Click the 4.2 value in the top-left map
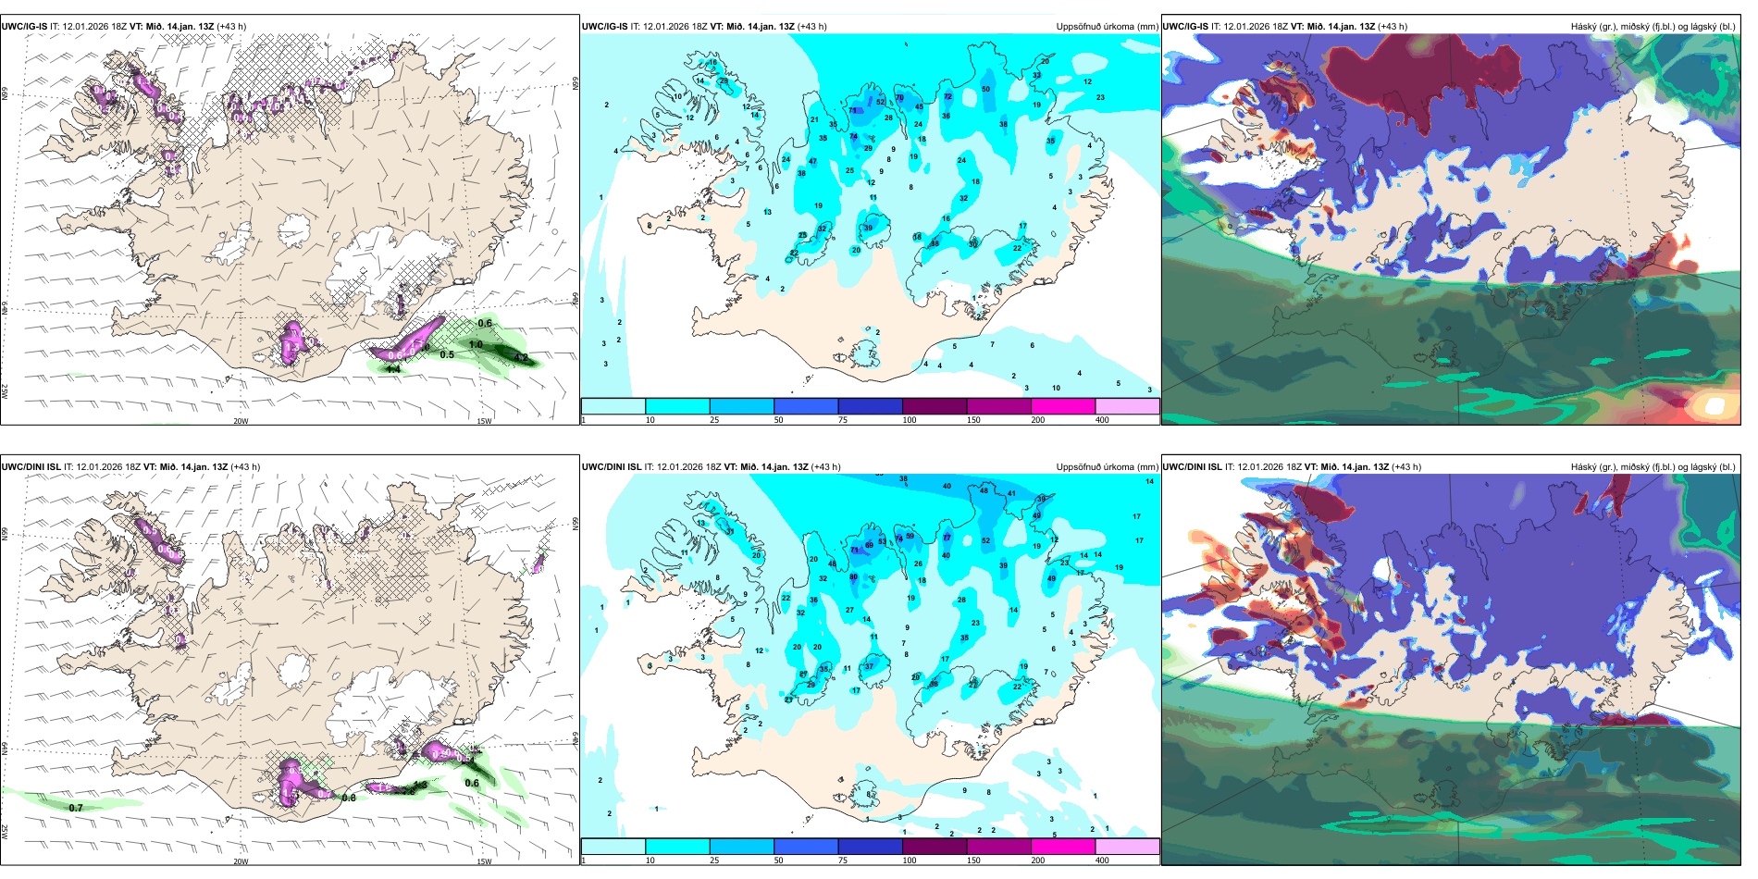click(521, 358)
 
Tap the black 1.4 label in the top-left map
click(393, 369)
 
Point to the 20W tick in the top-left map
click(241, 421)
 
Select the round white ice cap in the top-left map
click(296, 228)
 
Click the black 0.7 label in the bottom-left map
click(76, 808)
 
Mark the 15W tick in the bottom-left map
click(484, 861)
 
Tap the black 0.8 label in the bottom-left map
click(349, 798)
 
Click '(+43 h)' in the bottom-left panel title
click(245, 467)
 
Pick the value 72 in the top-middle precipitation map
click(947, 96)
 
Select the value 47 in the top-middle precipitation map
click(812, 162)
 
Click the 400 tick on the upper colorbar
click(1102, 420)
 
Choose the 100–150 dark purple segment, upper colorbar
click(935, 406)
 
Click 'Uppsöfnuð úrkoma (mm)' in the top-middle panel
click(1107, 27)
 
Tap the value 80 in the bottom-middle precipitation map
click(853, 577)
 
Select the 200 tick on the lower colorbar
click(1038, 860)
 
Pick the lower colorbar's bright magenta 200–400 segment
click(1063, 847)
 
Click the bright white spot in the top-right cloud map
click(1714, 405)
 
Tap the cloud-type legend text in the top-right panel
click(1653, 27)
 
